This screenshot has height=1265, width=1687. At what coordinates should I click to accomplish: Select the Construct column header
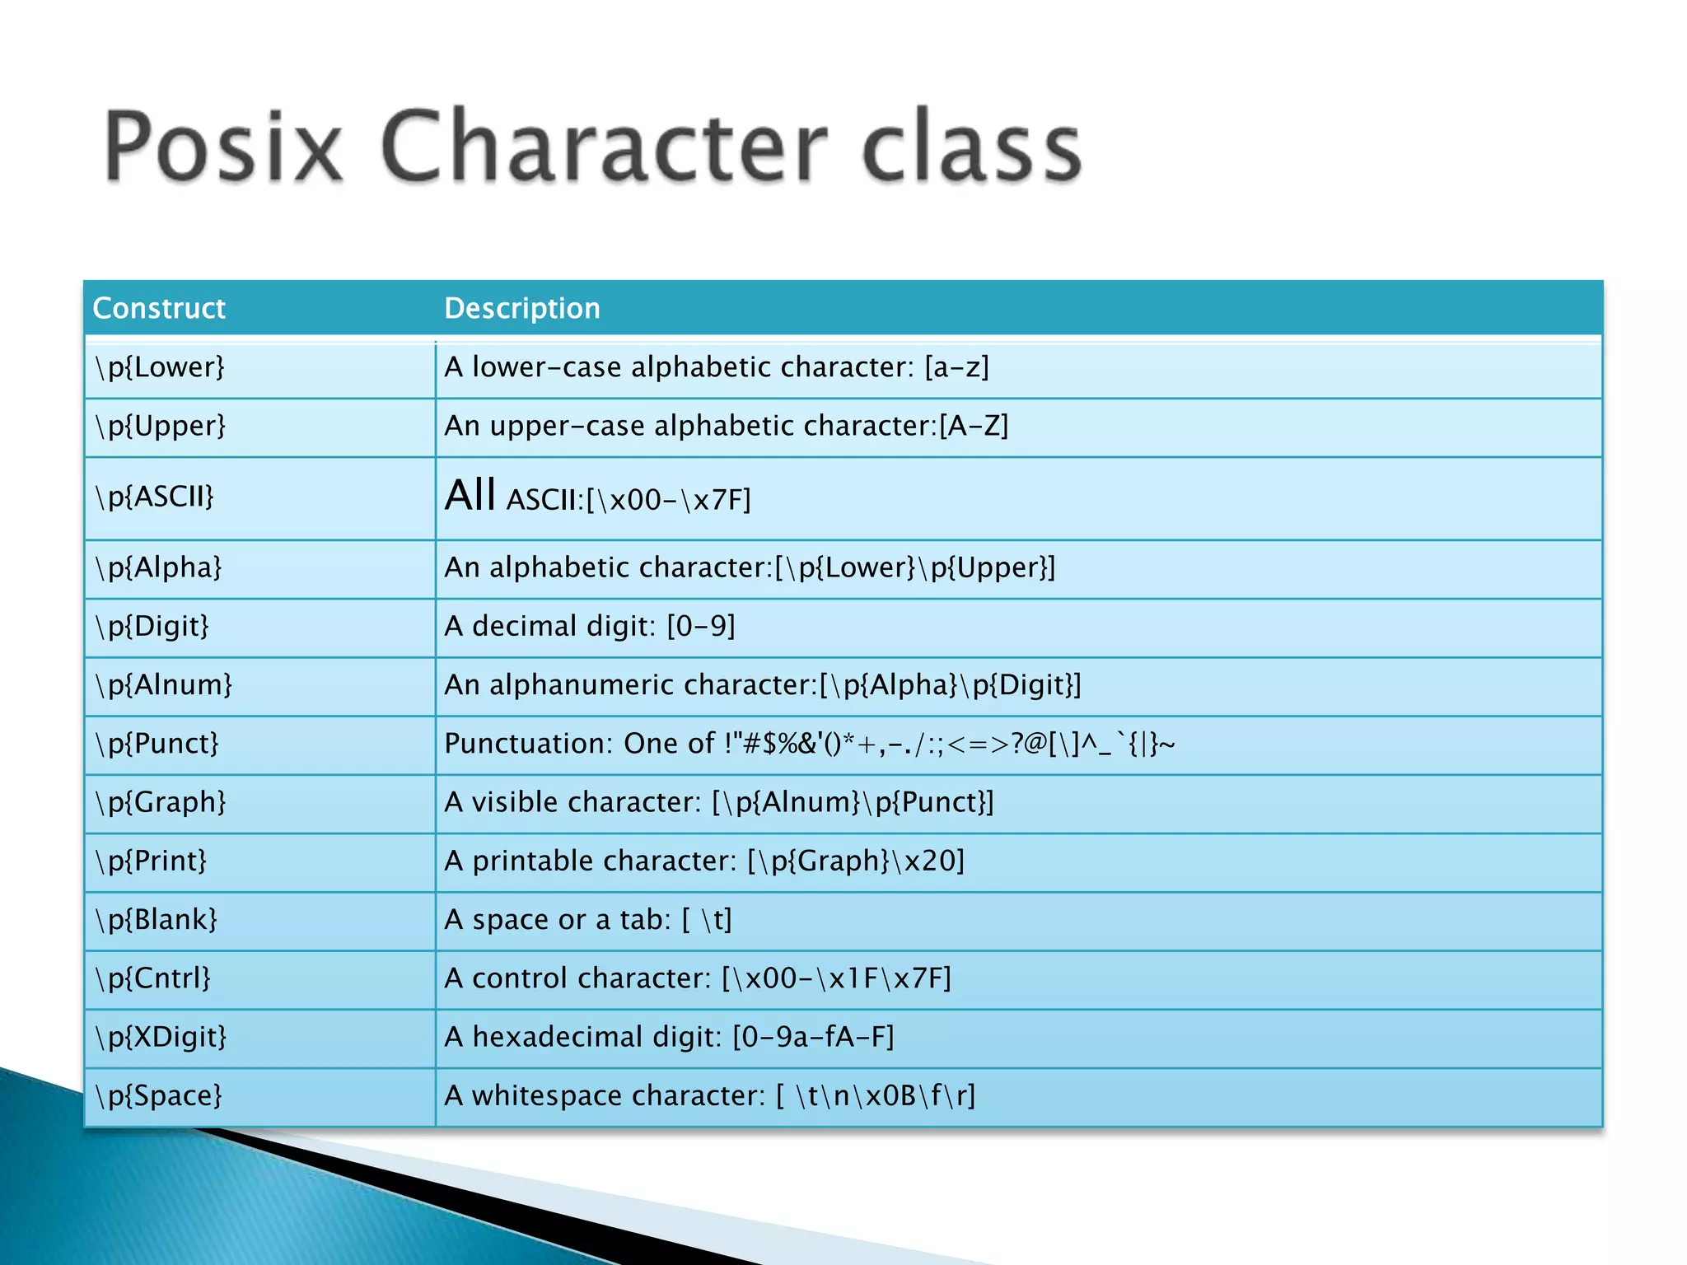[159, 308]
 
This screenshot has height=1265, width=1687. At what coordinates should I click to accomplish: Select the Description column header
[522, 308]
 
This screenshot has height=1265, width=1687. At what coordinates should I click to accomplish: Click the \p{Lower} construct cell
[160, 367]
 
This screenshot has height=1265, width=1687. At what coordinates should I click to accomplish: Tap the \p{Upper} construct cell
[160, 426]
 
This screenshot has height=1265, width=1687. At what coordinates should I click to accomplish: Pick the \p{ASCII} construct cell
[155, 497]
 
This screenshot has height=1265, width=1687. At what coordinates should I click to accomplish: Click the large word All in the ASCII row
[470, 496]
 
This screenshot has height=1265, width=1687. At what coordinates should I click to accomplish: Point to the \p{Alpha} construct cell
[158, 567]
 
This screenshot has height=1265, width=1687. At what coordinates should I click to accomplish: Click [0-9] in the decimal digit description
[701, 627]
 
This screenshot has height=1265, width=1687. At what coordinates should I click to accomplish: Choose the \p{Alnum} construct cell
[164, 685]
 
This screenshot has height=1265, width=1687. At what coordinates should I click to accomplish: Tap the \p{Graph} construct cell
[161, 802]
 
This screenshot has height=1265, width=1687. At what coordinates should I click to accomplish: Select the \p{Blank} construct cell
[157, 920]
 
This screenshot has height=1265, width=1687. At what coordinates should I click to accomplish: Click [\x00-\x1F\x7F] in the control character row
[836, 978]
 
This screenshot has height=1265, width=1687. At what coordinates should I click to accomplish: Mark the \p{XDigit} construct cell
[161, 1037]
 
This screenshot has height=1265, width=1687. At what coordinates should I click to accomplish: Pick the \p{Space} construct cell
[159, 1096]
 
